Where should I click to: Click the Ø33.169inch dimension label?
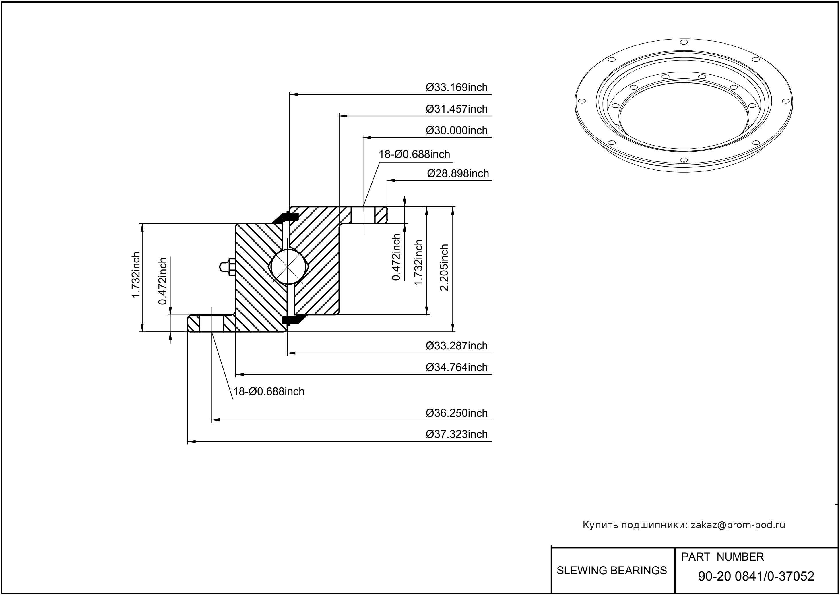pos(456,88)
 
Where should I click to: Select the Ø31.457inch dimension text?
pos(456,109)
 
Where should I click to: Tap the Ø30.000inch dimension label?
pos(456,130)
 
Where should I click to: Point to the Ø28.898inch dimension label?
pos(458,174)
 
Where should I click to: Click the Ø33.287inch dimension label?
pos(456,346)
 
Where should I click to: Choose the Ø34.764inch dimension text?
pos(456,368)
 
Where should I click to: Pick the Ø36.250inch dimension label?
pos(456,413)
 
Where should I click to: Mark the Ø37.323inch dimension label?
pos(456,434)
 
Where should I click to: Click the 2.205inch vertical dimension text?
pos(444,267)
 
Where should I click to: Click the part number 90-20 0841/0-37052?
pos(756,576)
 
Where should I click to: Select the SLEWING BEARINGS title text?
pos(612,571)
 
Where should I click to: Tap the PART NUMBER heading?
pos(722,557)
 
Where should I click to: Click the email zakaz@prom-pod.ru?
pos(738,525)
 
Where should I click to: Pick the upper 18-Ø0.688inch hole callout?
pos(414,154)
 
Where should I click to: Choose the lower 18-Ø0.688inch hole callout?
pos(269,392)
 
